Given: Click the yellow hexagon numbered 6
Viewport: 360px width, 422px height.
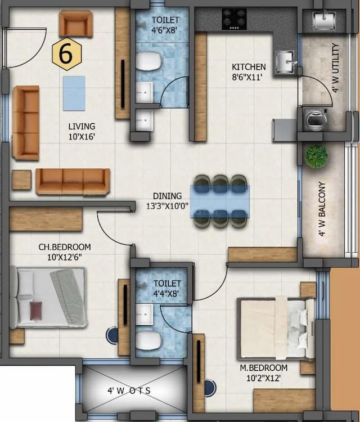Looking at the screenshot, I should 66,55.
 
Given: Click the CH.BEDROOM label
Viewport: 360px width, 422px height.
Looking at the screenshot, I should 64,251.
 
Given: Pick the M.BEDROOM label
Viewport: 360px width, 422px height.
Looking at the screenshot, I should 267,372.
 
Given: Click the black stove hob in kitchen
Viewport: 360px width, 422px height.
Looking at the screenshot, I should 233,19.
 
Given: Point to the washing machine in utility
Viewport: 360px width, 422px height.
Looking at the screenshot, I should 313,119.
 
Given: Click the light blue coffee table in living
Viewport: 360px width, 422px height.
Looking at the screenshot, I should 74,93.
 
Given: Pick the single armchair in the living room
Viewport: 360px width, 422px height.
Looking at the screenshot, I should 75,24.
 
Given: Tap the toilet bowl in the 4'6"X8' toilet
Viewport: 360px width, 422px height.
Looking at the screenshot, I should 149,61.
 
